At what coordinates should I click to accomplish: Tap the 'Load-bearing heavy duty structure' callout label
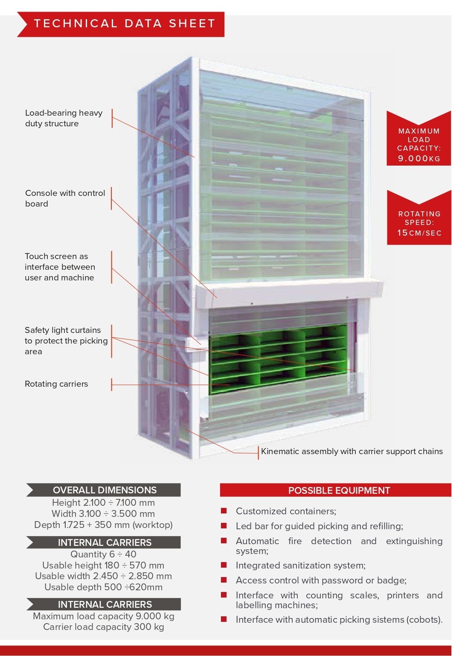(x=64, y=118)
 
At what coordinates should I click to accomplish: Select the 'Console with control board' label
(x=65, y=198)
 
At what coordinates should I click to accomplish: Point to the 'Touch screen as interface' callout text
(x=60, y=267)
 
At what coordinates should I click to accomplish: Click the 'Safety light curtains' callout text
(x=66, y=341)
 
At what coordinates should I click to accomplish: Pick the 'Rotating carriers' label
(x=56, y=384)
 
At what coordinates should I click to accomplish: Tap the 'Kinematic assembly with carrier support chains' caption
(x=351, y=452)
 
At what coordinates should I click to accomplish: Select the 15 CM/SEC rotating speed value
(x=419, y=233)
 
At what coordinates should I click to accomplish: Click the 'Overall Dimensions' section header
(x=105, y=490)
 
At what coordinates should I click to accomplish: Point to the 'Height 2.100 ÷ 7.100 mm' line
(x=103, y=503)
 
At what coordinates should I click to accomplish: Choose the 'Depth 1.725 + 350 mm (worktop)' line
(x=103, y=525)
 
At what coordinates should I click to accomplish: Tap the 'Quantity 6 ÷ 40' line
(x=103, y=554)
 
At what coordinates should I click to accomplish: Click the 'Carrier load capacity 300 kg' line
(x=103, y=627)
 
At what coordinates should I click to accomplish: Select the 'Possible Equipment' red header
(x=339, y=490)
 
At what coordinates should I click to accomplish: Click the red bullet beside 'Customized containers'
(x=224, y=511)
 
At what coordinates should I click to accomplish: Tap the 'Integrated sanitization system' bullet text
(x=300, y=566)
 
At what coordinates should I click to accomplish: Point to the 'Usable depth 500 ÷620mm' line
(x=103, y=587)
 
